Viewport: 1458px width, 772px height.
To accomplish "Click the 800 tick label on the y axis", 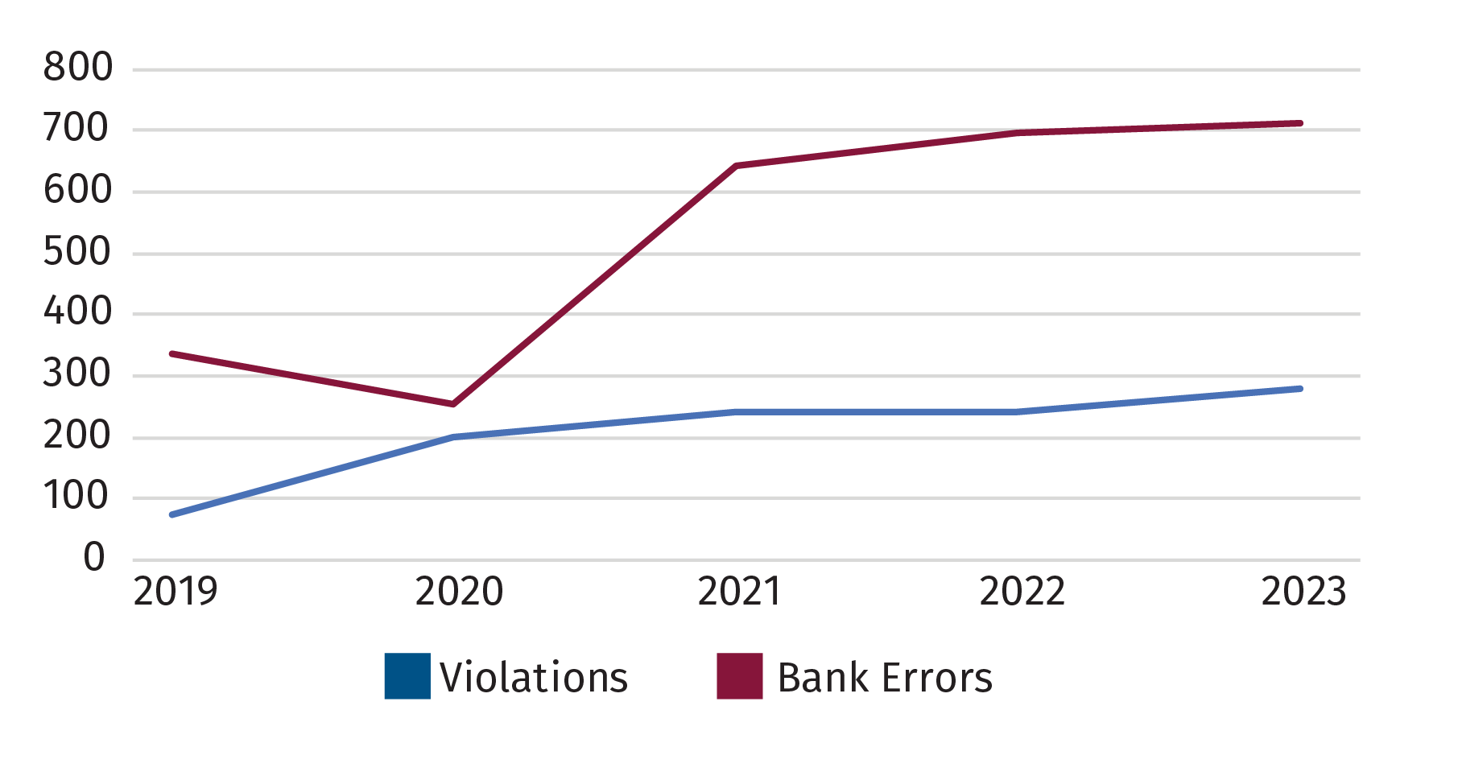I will click(x=78, y=68).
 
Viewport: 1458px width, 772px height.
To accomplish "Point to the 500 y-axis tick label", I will click(x=78, y=252).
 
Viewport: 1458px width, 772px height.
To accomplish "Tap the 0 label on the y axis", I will click(x=94, y=558).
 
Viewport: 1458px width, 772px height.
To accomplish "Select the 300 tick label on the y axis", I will click(x=78, y=374).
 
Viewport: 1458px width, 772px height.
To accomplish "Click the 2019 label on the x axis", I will click(x=175, y=592).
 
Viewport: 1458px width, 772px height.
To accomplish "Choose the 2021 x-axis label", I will click(x=738, y=592).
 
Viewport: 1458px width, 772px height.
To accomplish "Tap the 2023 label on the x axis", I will click(x=1303, y=592).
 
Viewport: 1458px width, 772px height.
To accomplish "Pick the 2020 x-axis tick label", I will click(x=458, y=592).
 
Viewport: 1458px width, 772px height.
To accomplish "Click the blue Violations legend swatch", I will click(x=407, y=676).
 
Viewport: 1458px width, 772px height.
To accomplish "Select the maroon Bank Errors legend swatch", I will click(x=739, y=676).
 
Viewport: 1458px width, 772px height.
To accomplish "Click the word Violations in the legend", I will click(x=534, y=678).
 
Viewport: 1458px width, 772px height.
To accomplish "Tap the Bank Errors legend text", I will click(x=885, y=678).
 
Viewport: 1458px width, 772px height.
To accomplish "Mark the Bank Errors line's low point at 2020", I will click(x=454, y=403).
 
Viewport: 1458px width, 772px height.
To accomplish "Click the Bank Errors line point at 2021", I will click(x=737, y=166).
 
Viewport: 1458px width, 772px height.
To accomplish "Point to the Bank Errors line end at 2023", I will click(x=1300, y=123).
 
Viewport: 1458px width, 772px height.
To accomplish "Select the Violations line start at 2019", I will click(x=172, y=514).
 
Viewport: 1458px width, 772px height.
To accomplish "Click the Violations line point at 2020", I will click(x=455, y=436).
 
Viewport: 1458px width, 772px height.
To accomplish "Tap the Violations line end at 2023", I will click(x=1300, y=389).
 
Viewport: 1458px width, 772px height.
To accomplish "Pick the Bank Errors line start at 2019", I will click(x=172, y=353).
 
